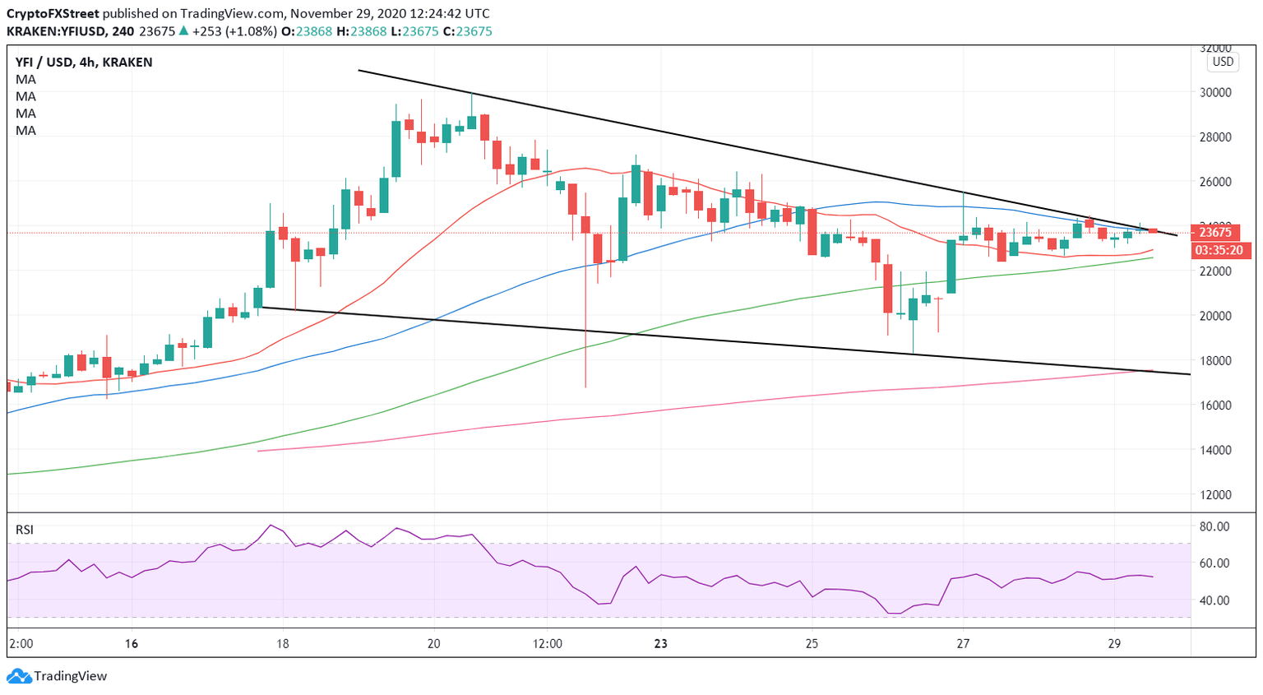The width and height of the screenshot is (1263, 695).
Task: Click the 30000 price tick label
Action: click(x=1215, y=92)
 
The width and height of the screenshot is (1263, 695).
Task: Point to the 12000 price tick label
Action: click(x=1215, y=495)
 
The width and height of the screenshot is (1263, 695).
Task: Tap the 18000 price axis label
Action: click(x=1215, y=361)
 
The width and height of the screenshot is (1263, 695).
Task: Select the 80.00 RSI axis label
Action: click(x=1214, y=526)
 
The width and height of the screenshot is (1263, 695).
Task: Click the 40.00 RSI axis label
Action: click(x=1214, y=600)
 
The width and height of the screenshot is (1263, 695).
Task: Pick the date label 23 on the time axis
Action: click(x=661, y=644)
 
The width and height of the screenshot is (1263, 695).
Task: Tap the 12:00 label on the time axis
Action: click(x=548, y=644)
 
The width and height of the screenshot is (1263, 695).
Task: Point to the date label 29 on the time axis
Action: click(x=1114, y=644)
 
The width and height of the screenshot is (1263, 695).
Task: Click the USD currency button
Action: click(x=1223, y=62)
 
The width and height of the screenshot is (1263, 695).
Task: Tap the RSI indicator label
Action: click(x=25, y=530)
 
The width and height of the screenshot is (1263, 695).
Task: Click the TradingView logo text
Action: click(x=70, y=676)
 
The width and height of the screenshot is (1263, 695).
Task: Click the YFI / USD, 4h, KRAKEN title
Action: click(x=84, y=62)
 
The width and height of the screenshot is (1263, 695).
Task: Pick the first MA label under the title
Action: click(x=25, y=80)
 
